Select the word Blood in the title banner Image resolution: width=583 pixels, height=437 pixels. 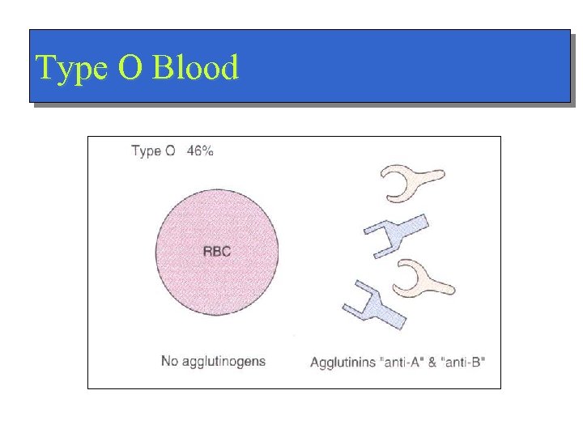(195, 69)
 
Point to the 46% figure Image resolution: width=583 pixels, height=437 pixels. (200, 151)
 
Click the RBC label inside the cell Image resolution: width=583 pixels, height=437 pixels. (216, 251)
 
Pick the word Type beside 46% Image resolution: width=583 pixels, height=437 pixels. (147, 151)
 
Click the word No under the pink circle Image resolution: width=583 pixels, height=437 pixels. (169, 361)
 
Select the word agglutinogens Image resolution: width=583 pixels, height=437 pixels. (223, 362)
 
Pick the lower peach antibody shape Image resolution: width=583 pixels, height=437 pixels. (421, 278)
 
